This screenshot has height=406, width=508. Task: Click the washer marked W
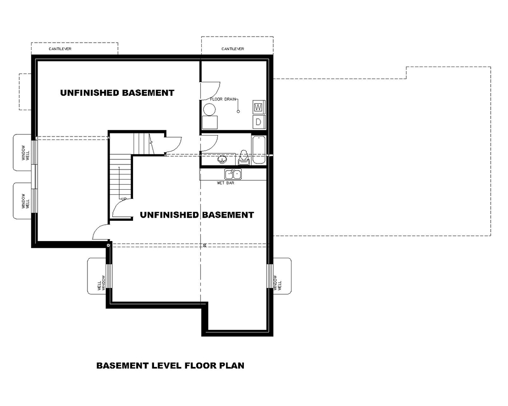coord(258,107)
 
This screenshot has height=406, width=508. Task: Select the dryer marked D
coord(258,121)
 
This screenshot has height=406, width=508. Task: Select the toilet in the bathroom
coord(243,158)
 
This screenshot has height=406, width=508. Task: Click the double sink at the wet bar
coord(234,174)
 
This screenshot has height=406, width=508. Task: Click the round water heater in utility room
coord(210,109)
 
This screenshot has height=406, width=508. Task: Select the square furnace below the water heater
coord(210,123)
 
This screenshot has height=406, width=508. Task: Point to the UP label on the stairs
coord(123,198)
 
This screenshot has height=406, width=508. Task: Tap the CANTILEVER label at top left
coord(59,49)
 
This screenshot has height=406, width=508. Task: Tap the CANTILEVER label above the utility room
coord(233,49)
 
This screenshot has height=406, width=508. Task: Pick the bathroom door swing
coord(210,144)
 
